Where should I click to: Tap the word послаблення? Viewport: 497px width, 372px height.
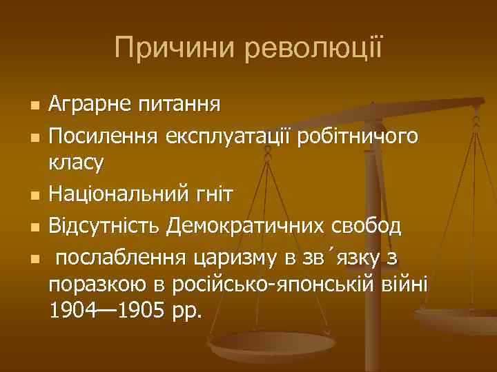coord(119,257)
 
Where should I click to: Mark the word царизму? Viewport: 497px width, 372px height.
coord(235,257)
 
